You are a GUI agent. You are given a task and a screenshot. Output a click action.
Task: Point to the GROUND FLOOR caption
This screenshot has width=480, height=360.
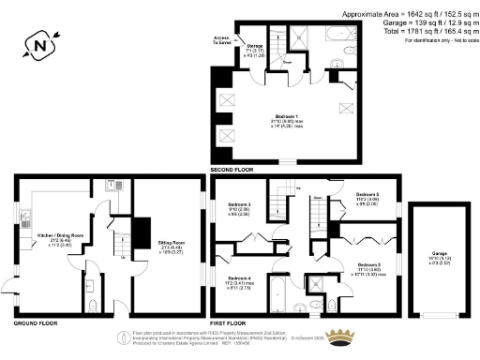point(34,322)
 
